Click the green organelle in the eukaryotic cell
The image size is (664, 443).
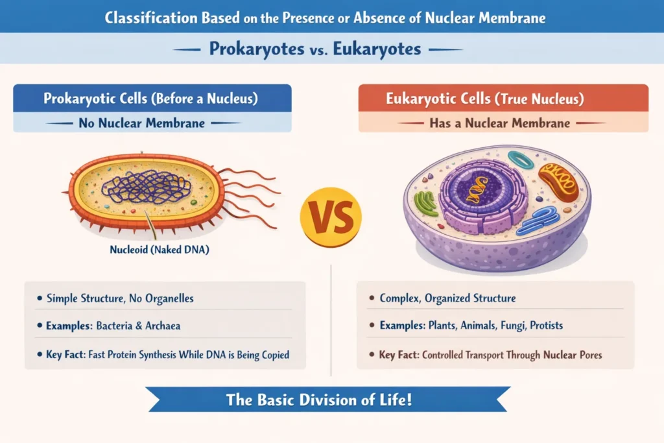[426, 204]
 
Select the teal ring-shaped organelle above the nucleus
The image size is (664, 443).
[520, 160]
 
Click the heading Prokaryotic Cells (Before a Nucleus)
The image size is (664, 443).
[151, 99]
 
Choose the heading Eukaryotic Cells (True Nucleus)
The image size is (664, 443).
[503, 99]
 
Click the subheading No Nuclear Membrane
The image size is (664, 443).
[150, 122]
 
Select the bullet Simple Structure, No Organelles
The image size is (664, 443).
[119, 298]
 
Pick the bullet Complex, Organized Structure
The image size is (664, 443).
[447, 298]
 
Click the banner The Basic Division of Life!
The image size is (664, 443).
[319, 400]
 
